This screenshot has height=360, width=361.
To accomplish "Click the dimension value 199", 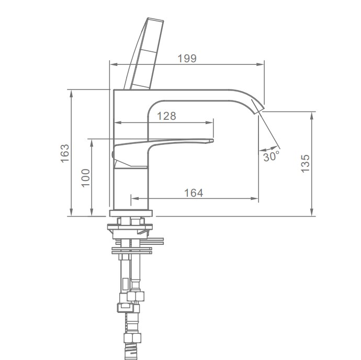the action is click(187, 59).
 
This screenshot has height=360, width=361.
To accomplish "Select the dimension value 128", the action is click(166, 116).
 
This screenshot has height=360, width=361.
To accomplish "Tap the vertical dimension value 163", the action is click(65, 153).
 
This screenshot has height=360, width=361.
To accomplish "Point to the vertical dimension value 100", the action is click(86, 178).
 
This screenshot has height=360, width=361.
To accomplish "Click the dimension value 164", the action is click(194, 193).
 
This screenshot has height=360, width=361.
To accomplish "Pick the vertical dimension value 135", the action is click(306, 164).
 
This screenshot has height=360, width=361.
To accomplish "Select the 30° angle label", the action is click(271, 156).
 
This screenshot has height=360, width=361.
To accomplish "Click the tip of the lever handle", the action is click(213, 141).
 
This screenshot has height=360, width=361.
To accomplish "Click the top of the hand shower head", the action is click(155, 19).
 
